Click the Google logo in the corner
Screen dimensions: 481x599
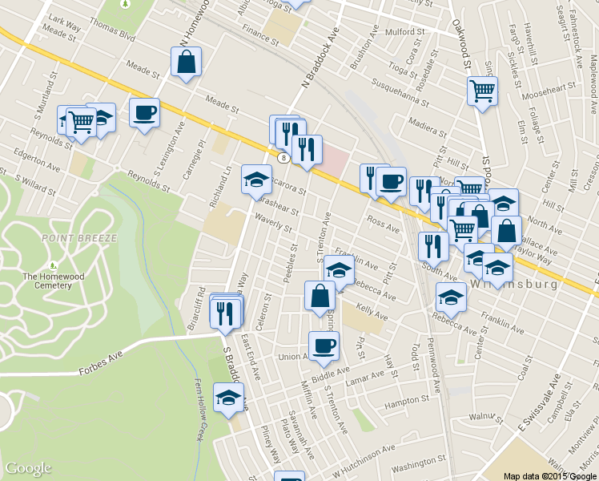click(x=28, y=468)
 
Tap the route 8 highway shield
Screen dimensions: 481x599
click(x=284, y=158)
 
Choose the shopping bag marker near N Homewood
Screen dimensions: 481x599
click(x=186, y=62)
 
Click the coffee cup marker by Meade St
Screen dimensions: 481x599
click(x=144, y=113)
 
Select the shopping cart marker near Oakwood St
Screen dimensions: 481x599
click(x=482, y=91)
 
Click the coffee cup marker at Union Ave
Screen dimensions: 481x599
click(x=324, y=346)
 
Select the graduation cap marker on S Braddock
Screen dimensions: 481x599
click(x=228, y=398)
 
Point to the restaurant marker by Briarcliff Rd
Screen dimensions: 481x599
click(x=225, y=311)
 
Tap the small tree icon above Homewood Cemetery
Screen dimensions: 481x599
click(x=53, y=265)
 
